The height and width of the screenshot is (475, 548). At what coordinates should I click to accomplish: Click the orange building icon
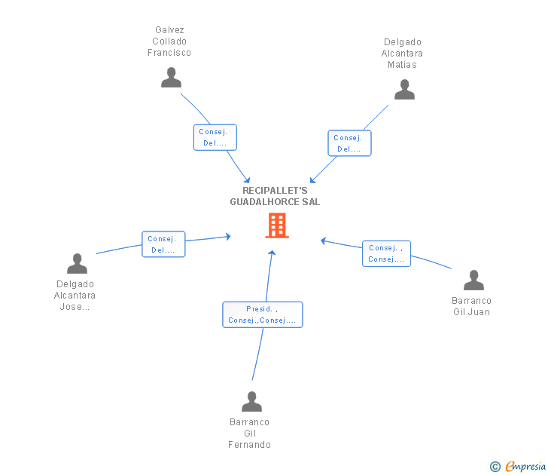tap(277, 225)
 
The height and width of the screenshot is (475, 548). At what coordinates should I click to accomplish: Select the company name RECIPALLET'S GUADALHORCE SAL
tap(275, 196)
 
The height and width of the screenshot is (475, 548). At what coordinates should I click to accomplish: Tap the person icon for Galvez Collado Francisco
tap(172, 78)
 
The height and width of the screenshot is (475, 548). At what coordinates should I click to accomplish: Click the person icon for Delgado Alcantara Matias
tap(404, 90)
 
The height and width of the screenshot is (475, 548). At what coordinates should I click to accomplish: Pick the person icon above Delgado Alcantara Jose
tap(77, 264)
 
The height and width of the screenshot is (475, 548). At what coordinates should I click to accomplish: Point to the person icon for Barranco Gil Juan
tap(473, 280)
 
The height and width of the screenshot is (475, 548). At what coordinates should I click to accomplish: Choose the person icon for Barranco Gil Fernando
tap(251, 402)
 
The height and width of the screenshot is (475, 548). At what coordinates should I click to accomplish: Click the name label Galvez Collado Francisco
tap(169, 41)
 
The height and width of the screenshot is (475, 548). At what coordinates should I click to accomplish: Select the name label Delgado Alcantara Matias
tap(402, 54)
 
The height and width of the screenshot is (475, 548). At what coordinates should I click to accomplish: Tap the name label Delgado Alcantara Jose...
tap(75, 296)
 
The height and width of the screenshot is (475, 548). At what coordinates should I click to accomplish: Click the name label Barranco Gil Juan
tap(471, 306)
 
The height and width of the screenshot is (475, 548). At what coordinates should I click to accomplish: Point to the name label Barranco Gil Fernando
tap(250, 434)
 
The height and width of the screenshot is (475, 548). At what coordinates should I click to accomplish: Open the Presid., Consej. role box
tap(263, 314)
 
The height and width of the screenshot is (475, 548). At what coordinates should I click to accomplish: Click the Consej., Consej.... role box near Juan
tap(387, 254)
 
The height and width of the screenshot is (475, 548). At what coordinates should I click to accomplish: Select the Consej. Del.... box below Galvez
tap(215, 137)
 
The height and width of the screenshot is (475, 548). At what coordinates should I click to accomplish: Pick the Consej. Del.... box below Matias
tap(349, 143)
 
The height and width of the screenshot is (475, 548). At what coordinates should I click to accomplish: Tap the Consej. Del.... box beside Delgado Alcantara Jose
tap(163, 244)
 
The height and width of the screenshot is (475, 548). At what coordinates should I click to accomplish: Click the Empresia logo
tap(518, 467)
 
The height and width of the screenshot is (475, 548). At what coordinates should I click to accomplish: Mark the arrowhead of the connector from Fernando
tap(272, 253)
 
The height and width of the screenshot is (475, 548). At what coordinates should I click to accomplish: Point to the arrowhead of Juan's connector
tap(323, 241)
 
